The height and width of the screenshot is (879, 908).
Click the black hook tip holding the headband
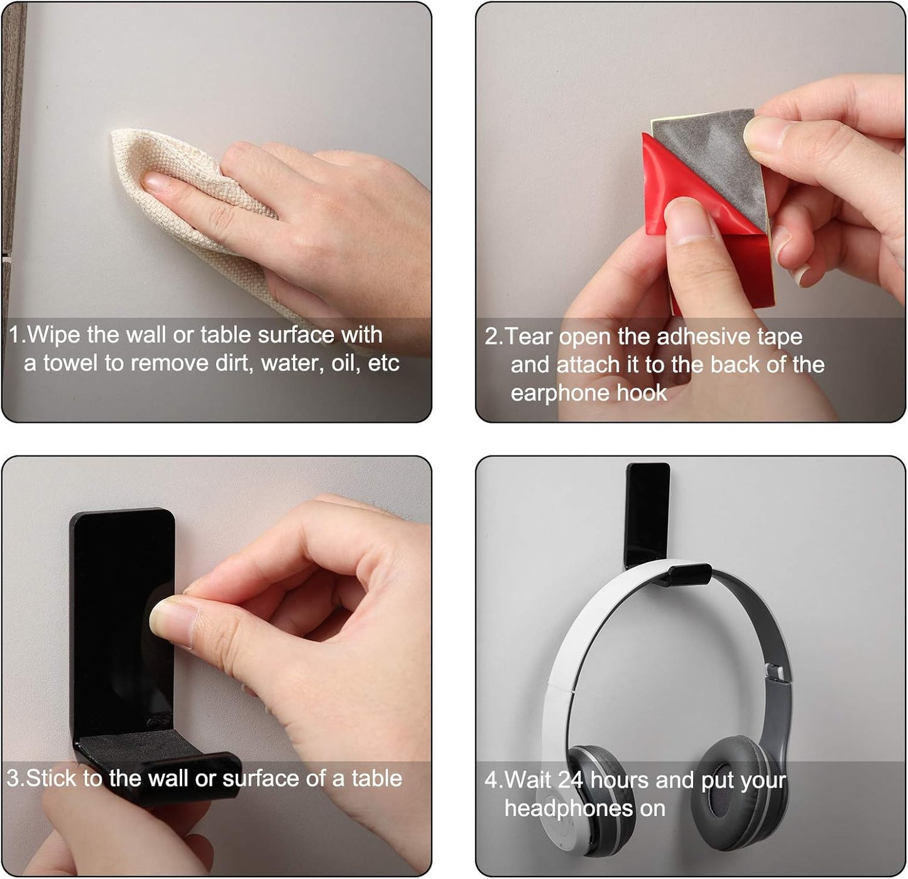[689, 573]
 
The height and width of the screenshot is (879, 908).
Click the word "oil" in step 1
[343, 363]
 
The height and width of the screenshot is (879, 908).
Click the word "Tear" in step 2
[529, 337]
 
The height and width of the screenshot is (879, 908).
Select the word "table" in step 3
[376, 778]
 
